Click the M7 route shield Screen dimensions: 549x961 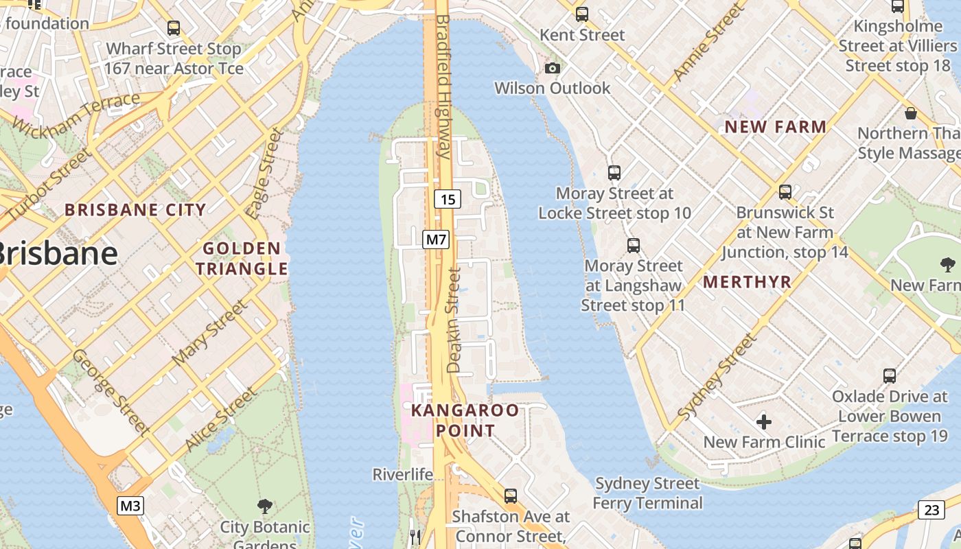[436, 240]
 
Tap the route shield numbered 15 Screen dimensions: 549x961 [448, 200]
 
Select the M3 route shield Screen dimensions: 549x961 [130, 506]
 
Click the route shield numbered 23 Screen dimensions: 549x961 [931, 510]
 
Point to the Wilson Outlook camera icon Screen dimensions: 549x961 [552, 68]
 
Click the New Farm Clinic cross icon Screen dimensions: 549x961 [763, 421]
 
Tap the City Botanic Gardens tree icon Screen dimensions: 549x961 [264, 507]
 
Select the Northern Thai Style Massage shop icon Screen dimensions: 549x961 [911, 113]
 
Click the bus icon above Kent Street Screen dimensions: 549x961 [582, 14]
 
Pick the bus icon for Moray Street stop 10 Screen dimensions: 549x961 [614, 173]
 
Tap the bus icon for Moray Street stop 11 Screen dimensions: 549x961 [633, 245]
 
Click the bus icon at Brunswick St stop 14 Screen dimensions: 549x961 [785, 192]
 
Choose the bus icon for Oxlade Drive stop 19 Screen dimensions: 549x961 [890, 376]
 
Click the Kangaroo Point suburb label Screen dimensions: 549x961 [465, 420]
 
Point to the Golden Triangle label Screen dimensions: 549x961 [242, 258]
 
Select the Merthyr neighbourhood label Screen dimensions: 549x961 [748, 281]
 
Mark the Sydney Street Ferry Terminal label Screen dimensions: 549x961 [647, 493]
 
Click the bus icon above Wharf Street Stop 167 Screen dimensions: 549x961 [174, 28]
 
